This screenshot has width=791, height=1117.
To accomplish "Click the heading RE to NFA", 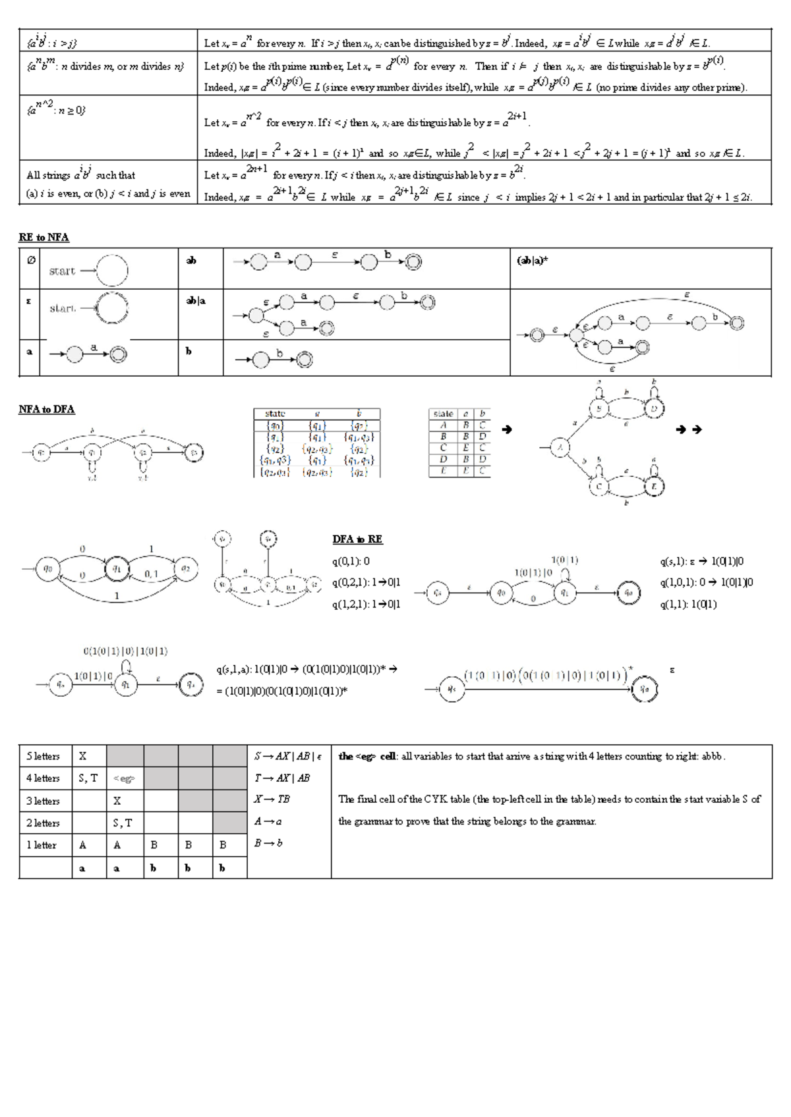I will point(44,237).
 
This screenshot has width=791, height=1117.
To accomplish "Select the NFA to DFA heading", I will point(46,409).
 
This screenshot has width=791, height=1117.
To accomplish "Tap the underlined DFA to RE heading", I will point(357,539).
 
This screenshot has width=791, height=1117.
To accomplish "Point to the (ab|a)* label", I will point(532,260).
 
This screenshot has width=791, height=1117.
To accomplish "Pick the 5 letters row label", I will point(43,756).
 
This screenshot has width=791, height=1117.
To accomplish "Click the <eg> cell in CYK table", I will point(124,778).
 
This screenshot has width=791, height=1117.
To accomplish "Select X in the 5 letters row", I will point(82,756).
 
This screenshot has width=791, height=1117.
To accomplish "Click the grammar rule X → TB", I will point(272,799).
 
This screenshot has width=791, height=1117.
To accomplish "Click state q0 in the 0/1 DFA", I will point(48,568).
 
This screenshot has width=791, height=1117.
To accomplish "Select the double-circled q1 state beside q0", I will point(117,568).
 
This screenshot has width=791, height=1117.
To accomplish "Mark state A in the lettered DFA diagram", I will point(560,449).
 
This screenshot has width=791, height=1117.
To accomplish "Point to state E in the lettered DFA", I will point(654,487).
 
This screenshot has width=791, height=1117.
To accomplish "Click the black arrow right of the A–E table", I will point(506,429).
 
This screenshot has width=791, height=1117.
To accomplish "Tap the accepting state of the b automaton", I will point(304,359).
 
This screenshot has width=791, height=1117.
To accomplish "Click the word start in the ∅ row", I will point(62,271).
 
